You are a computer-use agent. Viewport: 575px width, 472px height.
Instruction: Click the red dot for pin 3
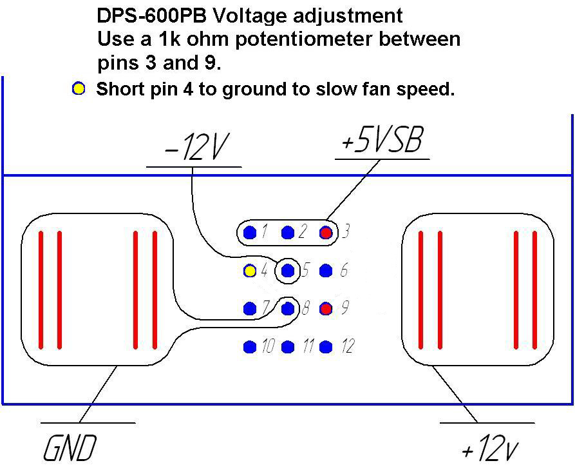[x=326, y=232]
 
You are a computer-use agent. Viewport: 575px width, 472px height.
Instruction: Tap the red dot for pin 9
[x=326, y=309]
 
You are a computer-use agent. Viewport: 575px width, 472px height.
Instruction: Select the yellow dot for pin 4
[x=250, y=271]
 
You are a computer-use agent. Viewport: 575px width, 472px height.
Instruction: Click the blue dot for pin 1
[x=250, y=232]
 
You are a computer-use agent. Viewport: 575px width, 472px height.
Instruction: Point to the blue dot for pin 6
[x=326, y=271]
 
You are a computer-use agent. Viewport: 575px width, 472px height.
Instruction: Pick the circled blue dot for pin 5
[x=288, y=271]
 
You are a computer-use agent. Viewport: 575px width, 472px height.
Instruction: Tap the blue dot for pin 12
[x=326, y=347]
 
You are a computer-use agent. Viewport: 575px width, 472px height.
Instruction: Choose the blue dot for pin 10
[x=250, y=347]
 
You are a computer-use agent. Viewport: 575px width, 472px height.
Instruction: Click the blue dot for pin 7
[x=250, y=309]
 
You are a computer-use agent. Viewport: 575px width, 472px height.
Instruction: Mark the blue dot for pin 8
[x=288, y=309]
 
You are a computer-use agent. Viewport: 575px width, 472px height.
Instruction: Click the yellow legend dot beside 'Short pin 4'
[x=79, y=89]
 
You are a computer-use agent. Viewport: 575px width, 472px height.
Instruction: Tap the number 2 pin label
[x=303, y=232]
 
